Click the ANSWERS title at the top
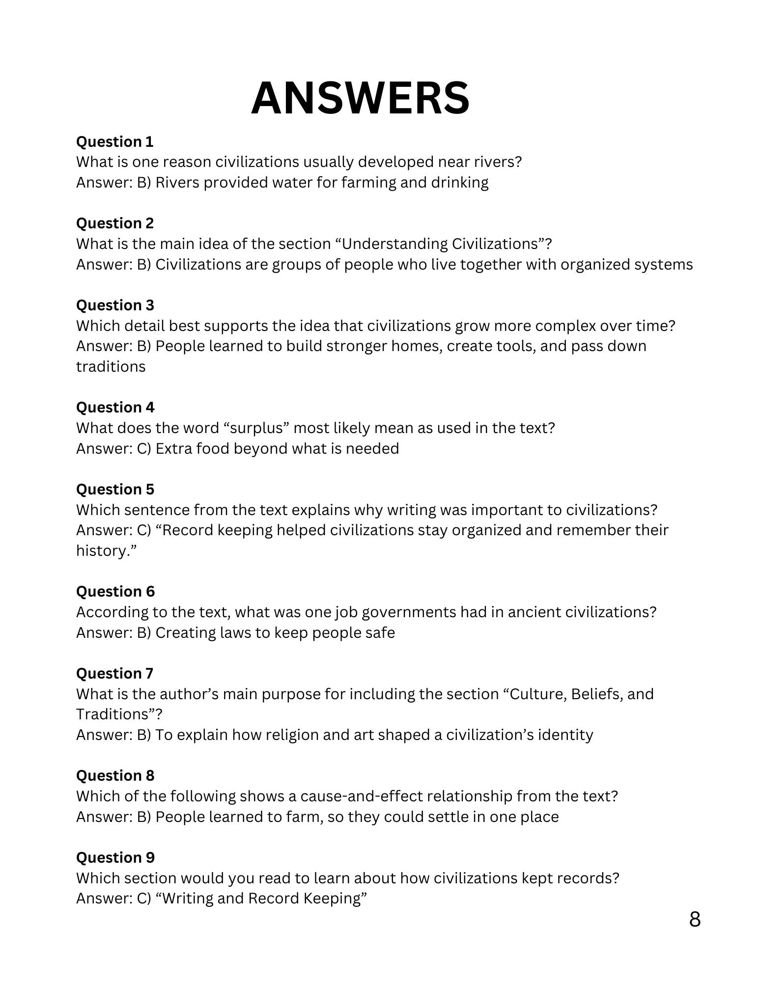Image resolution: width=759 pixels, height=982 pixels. [x=360, y=98]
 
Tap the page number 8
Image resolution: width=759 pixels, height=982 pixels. [x=694, y=919]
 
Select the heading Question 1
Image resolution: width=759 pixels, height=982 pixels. [x=114, y=142]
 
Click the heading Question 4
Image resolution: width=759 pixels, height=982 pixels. [x=115, y=408]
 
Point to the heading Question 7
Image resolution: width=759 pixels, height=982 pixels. [x=114, y=673]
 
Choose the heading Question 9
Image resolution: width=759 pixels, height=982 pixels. [x=115, y=857]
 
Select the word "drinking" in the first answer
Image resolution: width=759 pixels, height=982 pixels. [x=459, y=183]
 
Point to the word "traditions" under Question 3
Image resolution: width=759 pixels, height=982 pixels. [x=111, y=367]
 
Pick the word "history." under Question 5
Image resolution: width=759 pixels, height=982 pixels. [x=106, y=551]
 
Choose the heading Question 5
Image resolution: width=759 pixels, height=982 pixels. [x=115, y=490]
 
